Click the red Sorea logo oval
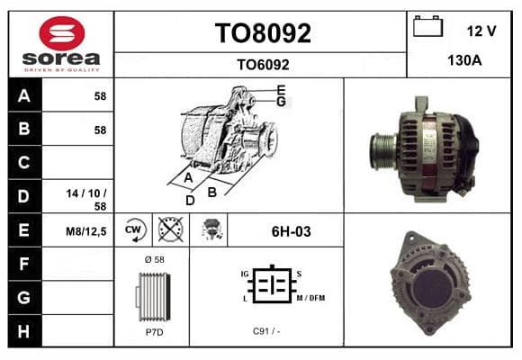(62, 33)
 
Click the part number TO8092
(263, 33)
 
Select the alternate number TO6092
(263, 65)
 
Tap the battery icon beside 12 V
(427, 26)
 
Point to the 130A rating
(464, 60)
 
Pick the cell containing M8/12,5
(78, 230)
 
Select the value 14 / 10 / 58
(86, 200)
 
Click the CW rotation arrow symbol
(134, 229)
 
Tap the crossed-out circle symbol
(171, 229)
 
